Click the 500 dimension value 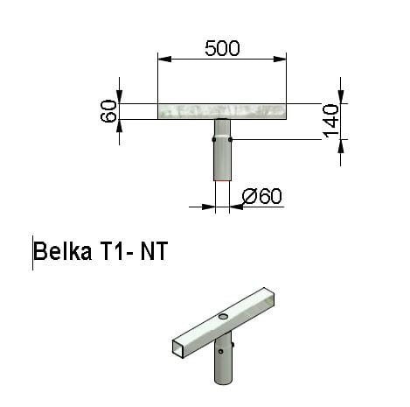222,48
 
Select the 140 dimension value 331,121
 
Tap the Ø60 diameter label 262,196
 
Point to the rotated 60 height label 108,111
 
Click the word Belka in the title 63,250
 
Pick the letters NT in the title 154,250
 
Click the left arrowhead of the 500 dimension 164,60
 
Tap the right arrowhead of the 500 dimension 280,60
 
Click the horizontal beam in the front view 222,111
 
